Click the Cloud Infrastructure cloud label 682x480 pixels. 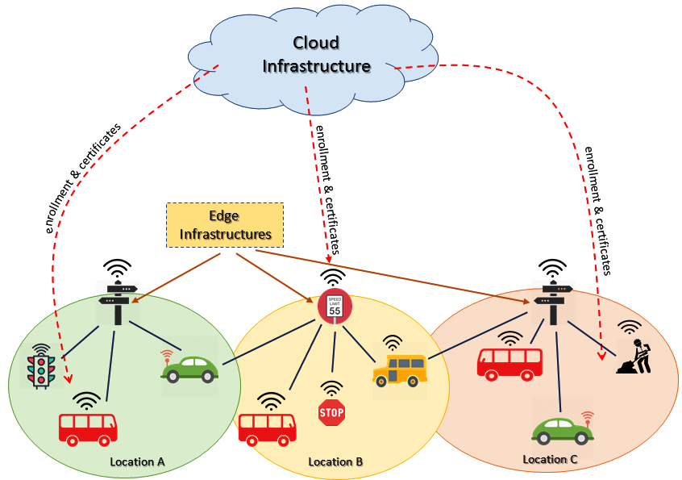(316, 54)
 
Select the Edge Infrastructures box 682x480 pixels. (225, 225)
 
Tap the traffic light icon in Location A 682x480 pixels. (39, 367)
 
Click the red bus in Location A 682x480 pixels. (88, 428)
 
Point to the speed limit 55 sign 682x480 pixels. (335, 307)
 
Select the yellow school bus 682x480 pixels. (400, 370)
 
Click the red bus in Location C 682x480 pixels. (508, 362)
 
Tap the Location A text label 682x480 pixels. (137, 462)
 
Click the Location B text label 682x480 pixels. (335, 462)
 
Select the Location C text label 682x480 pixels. (550, 460)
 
